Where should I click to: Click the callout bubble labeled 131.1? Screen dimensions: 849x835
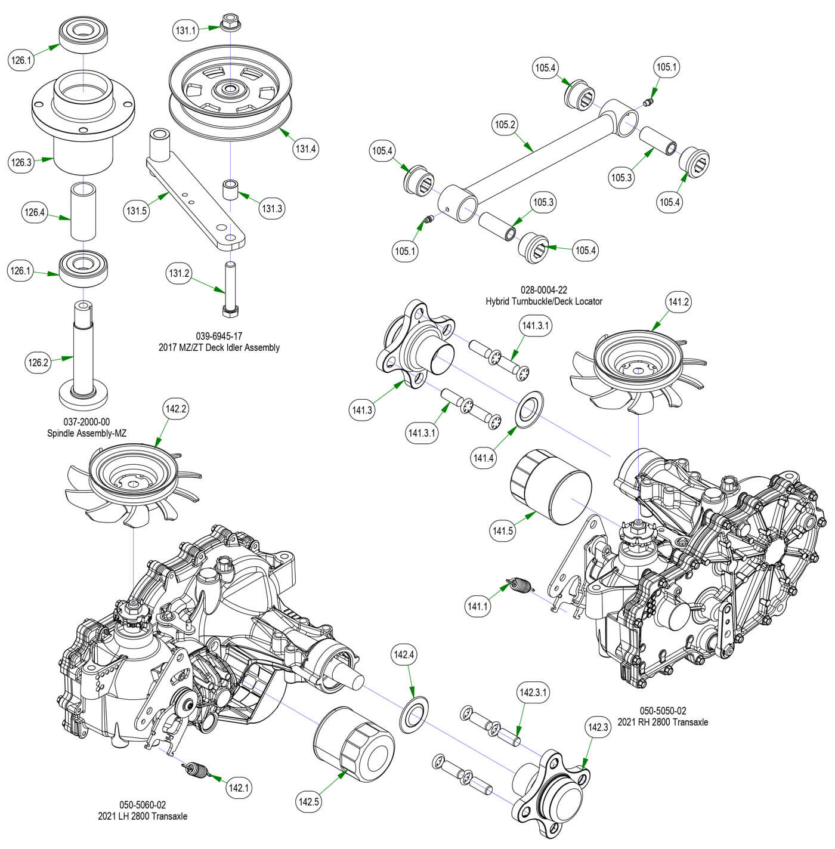(186, 30)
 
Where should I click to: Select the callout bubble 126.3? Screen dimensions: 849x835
(21, 162)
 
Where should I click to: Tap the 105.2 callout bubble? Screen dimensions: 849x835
(506, 125)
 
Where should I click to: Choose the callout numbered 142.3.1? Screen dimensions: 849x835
(534, 693)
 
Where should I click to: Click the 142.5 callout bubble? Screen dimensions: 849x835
(308, 802)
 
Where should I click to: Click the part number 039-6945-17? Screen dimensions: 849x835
(219, 336)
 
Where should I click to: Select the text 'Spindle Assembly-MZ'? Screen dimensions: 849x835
(87, 433)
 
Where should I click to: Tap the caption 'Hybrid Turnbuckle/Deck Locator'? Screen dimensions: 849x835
(543, 301)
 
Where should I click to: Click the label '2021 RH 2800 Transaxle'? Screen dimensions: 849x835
(663, 722)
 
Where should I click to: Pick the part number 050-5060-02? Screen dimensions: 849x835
(143, 805)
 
